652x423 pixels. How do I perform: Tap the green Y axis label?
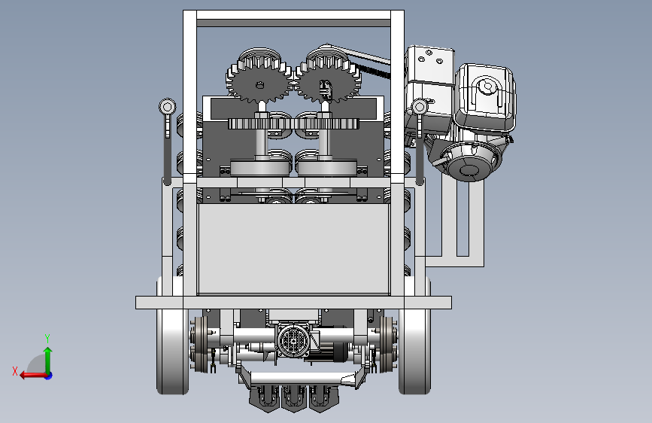tap(47, 338)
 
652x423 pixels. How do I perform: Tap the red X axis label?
tap(15, 371)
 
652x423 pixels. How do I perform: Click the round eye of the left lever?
tap(167, 107)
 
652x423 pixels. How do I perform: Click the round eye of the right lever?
tap(419, 107)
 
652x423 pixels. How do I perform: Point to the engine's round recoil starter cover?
tap(469, 162)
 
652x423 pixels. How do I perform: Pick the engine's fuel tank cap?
tap(486, 87)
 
